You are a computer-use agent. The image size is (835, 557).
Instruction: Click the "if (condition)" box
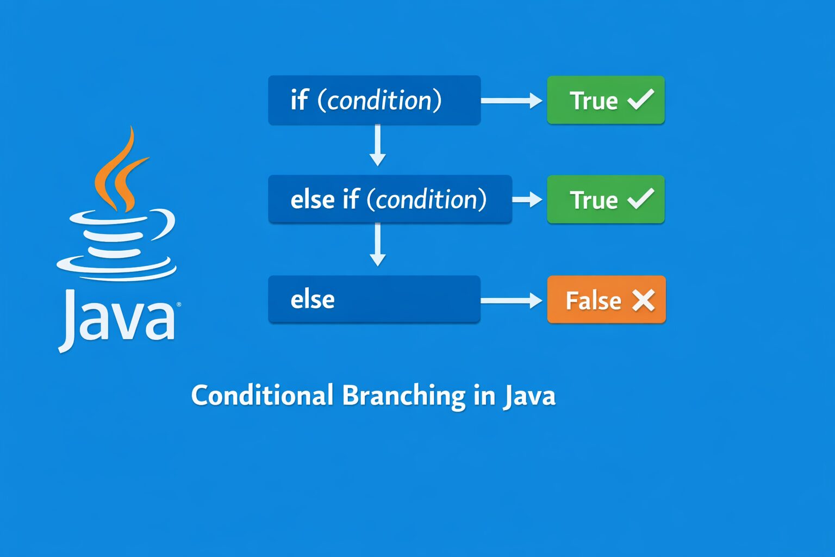coord(374,100)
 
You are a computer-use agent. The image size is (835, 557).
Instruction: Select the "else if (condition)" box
coord(390,199)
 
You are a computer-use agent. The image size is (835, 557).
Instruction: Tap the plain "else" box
coord(374,299)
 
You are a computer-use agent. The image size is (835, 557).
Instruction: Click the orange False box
coord(606,300)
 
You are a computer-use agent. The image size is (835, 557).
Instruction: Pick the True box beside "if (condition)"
coord(606,100)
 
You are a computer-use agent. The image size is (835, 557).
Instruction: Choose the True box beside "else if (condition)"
coord(606,199)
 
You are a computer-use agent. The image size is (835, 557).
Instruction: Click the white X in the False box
coord(643,300)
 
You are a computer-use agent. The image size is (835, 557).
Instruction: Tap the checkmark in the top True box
coord(641,100)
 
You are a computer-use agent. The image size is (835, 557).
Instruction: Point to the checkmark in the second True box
coord(641,199)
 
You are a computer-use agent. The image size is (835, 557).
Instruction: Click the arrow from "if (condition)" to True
coord(512,101)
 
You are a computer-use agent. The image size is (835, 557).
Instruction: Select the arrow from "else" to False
coord(512,300)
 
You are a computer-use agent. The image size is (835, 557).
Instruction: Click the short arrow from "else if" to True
coord(527,200)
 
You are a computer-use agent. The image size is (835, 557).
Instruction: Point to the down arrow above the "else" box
coord(377,245)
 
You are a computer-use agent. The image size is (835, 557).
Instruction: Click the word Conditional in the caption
coord(262,395)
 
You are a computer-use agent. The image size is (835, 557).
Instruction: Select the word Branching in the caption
coord(403,396)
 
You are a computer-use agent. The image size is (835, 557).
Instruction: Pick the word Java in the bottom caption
coord(529,396)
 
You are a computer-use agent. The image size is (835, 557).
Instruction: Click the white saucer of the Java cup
coord(116,270)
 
